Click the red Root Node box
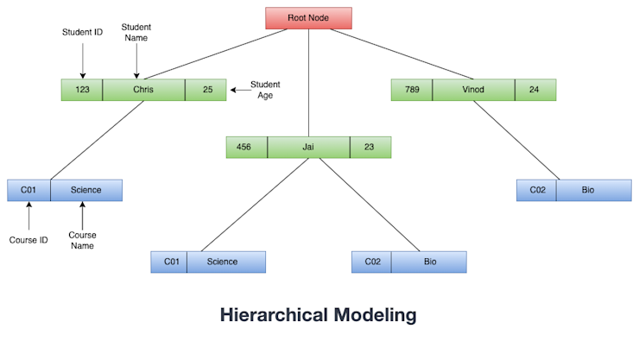(x=308, y=17)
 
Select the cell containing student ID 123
(x=82, y=90)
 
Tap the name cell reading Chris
(x=143, y=90)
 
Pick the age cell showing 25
(x=206, y=90)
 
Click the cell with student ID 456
(x=246, y=148)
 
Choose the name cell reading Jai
(x=308, y=148)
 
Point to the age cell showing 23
(x=370, y=148)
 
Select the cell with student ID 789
(x=411, y=90)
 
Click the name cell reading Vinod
(x=473, y=90)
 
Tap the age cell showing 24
(x=535, y=90)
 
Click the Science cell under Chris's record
(x=85, y=190)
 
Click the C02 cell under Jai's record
(x=371, y=262)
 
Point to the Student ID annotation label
(x=82, y=33)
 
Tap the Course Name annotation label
(x=82, y=240)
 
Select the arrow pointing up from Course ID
(x=28, y=216)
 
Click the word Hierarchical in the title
(x=272, y=315)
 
